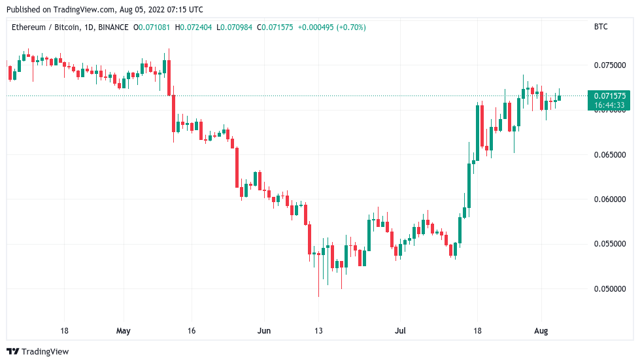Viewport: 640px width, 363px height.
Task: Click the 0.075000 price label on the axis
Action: [x=609, y=65]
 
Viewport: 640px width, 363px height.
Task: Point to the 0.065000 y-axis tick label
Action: [x=609, y=155]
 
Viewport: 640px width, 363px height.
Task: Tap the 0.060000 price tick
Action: [x=609, y=199]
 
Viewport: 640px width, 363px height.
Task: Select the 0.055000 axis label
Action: [x=609, y=244]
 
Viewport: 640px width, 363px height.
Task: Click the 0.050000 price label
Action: [x=609, y=289]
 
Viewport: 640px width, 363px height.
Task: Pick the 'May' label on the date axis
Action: [x=124, y=331]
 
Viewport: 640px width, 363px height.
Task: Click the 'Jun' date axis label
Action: [x=263, y=331]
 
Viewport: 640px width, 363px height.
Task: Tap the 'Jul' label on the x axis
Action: [x=400, y=331]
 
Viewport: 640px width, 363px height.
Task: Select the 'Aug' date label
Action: [x=541, y=331]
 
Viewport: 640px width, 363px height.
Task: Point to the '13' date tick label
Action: [x=318, y=331]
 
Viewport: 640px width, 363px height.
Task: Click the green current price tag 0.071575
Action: [x=609, y=95]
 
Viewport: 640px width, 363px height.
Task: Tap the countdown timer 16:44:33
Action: [x=609, y=105]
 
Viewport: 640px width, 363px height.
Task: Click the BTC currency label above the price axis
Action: [x=601, y=27]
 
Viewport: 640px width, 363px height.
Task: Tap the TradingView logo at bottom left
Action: [x=37, y=351]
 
